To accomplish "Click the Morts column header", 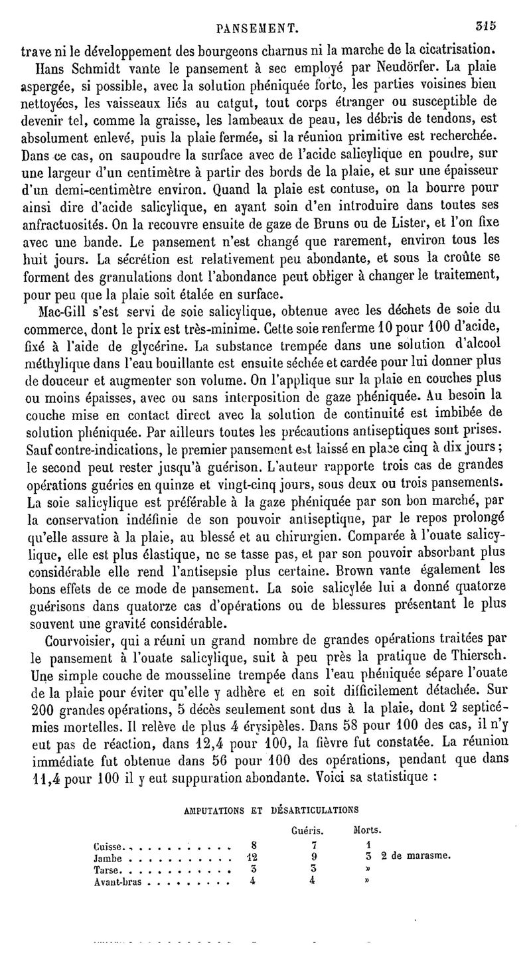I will pos(367,830).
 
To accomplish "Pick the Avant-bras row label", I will pos(121,883).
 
